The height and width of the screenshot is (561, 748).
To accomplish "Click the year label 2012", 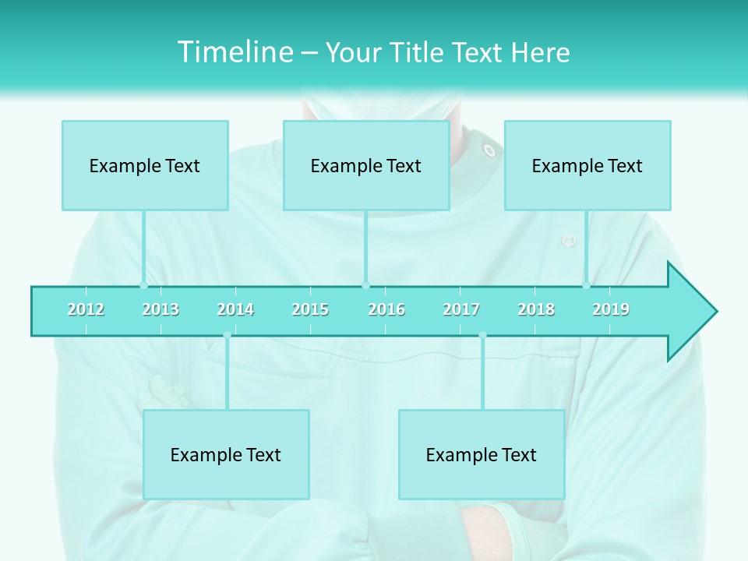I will [x=86, y=309].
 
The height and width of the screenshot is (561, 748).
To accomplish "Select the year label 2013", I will [x=161, y=309].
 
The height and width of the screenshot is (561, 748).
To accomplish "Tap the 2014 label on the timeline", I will [x=235, y=309].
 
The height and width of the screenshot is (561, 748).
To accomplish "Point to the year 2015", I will [x=310, y=309].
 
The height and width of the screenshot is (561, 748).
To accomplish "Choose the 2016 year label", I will [x=386, y=309].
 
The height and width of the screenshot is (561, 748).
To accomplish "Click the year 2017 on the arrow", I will [x=461, y=309].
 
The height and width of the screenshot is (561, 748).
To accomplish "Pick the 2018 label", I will [x=536, y=309].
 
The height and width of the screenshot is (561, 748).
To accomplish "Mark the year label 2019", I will [x=611, y=309].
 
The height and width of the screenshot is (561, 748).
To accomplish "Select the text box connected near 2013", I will [x=145, y=165].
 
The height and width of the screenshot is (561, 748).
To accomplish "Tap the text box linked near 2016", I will [x=366, y=165].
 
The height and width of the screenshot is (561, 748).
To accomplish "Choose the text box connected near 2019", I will [x=587, y=165].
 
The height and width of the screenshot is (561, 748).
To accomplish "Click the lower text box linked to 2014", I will [x=226, y=454].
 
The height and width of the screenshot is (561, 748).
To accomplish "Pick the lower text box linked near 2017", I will [x=482, y=454].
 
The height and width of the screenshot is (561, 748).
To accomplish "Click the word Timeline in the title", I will [x=234, y=52].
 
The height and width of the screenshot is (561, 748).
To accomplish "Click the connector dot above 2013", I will [x=143, y=286].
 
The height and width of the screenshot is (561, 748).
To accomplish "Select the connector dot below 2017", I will [x=482, y=336].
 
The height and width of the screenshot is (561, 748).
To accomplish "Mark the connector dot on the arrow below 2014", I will [x=227, y=336].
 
